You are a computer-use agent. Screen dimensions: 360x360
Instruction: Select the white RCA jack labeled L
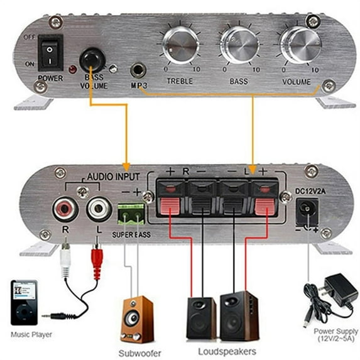pyautogui.click(x=99, y=209)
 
